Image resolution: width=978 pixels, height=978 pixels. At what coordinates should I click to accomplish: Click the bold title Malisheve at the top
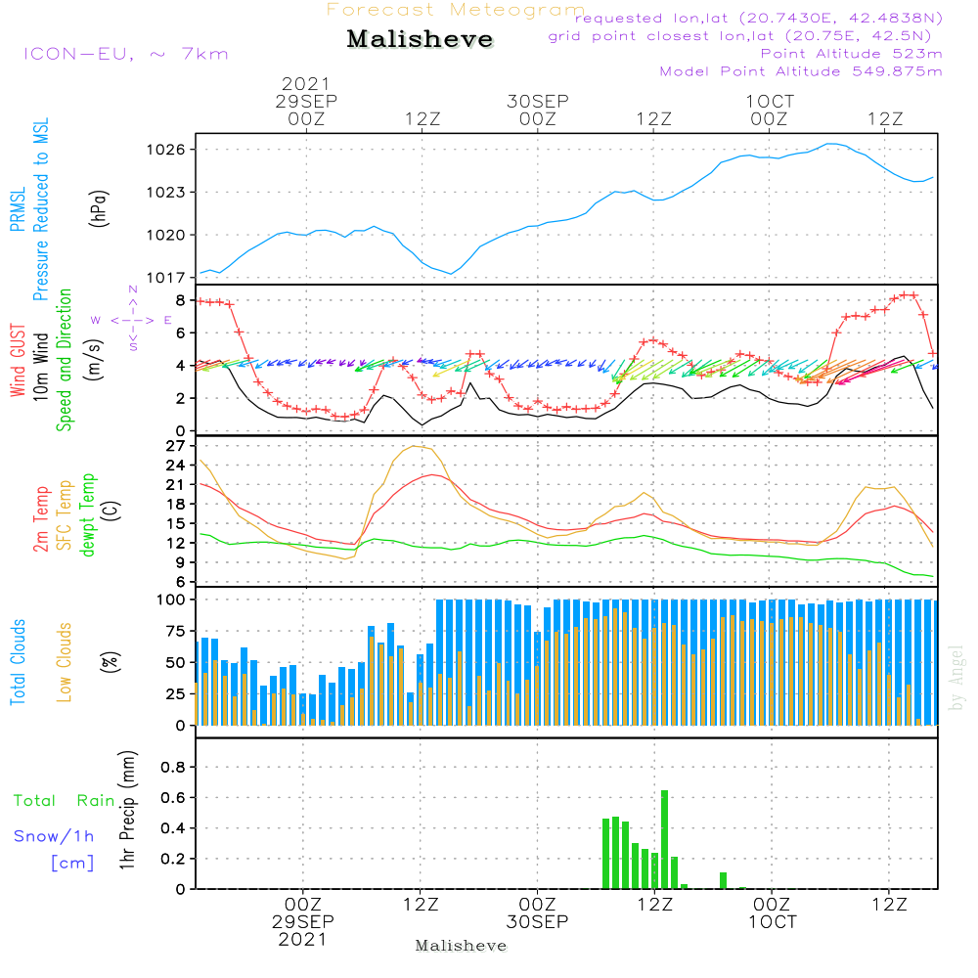click(x=420, y=39)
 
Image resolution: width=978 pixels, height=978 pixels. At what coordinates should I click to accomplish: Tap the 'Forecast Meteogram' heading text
click(x=456, y=10)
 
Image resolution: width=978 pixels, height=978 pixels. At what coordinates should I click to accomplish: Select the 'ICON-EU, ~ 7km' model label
click(x=126, y=54)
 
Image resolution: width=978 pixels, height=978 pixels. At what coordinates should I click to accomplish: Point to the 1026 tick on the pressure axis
click(x=166, y=150)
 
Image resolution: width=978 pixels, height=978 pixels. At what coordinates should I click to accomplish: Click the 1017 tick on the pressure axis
click(x=166, y=278)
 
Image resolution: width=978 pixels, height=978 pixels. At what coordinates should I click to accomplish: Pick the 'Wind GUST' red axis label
click(x=18, y=361)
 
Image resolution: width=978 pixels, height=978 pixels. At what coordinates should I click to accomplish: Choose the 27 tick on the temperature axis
click(x=176, y=446)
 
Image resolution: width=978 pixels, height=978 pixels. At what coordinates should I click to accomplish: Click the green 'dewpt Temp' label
click(x=88, y=514)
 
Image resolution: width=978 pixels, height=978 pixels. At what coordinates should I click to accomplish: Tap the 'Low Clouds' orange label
click(x=65, y=662)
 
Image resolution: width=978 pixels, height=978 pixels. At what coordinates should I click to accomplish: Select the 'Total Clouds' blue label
click(x=18, y=662)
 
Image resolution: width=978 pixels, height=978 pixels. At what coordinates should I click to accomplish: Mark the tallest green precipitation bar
click(x=665, y=839)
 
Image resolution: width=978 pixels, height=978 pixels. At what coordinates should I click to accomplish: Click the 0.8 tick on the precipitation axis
click(x=173, y=767)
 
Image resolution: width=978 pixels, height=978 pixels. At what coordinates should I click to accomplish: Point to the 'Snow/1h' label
click(x=54, y=836)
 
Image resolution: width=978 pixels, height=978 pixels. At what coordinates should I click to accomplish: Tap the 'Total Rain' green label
click(x=65, y=801)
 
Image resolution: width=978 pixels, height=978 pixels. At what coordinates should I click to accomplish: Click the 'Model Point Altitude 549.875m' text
click(x=801, y=71)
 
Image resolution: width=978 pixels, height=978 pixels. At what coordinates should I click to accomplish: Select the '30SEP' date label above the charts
click(x=538, y=102)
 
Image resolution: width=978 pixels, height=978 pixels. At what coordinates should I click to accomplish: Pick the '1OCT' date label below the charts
click(x=773, y=922)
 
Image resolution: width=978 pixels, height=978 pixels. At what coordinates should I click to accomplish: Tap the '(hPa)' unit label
click(x=99, y=208)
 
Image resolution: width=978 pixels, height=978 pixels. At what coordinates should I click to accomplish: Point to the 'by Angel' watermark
click(x=956, y=678)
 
